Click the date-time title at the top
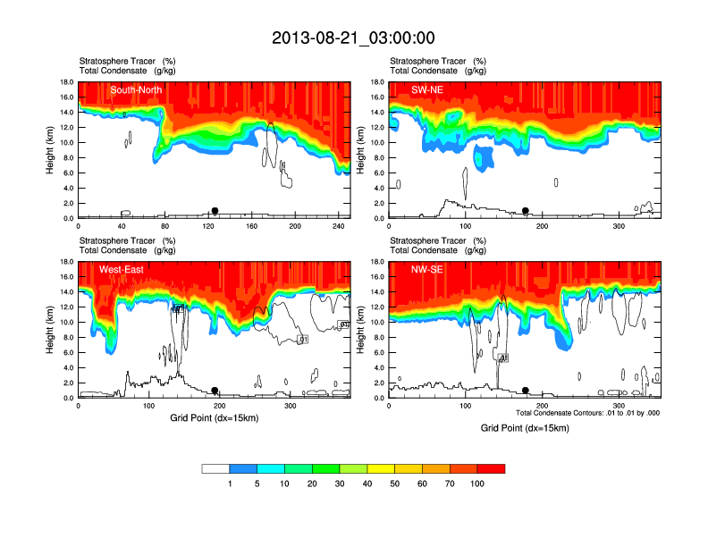point(353,38)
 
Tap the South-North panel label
point(136,90)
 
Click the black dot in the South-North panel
point(215,211)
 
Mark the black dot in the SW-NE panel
point(526,211)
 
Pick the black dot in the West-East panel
point(215,391)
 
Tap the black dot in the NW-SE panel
point(526,390)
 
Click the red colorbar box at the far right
point(491,468)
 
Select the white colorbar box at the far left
point(216,468)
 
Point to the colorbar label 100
point(477,484)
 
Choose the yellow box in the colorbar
point(382,468)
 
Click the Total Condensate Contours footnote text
point(587,412)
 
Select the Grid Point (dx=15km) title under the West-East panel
point(214,417)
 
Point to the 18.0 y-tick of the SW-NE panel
point(377,82)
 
